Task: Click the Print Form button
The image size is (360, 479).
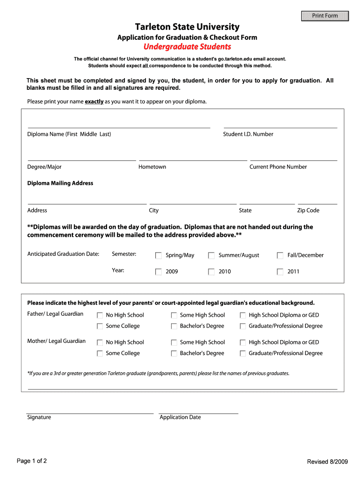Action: click(325, 16)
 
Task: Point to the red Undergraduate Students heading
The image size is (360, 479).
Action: click(187, 47)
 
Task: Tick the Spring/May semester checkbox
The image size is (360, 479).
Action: click(158, 255)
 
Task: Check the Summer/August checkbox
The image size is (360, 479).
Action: click(211, 255)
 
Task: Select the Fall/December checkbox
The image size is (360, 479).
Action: click(280, 255)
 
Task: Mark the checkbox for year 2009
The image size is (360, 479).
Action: click(158, 272)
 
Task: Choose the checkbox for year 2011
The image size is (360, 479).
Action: click(280, 272)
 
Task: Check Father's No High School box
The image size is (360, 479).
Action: click(100, 315)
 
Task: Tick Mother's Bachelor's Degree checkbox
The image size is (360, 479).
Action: click(174, 354)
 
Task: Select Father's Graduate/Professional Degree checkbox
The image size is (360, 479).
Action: click(243, 327)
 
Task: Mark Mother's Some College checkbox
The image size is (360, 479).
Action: click(100, 354)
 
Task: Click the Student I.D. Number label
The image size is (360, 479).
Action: click(248, 134)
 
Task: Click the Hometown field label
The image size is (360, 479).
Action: click(152, 167)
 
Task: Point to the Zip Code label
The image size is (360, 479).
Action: click(308, 210)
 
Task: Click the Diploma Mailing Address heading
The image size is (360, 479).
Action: click(60, 183)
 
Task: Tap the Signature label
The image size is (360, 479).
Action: click(39, 417)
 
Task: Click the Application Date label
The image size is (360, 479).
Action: click(180, 417)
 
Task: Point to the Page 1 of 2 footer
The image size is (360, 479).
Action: click(32, 461)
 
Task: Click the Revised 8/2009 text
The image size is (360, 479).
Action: click(327, 462)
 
